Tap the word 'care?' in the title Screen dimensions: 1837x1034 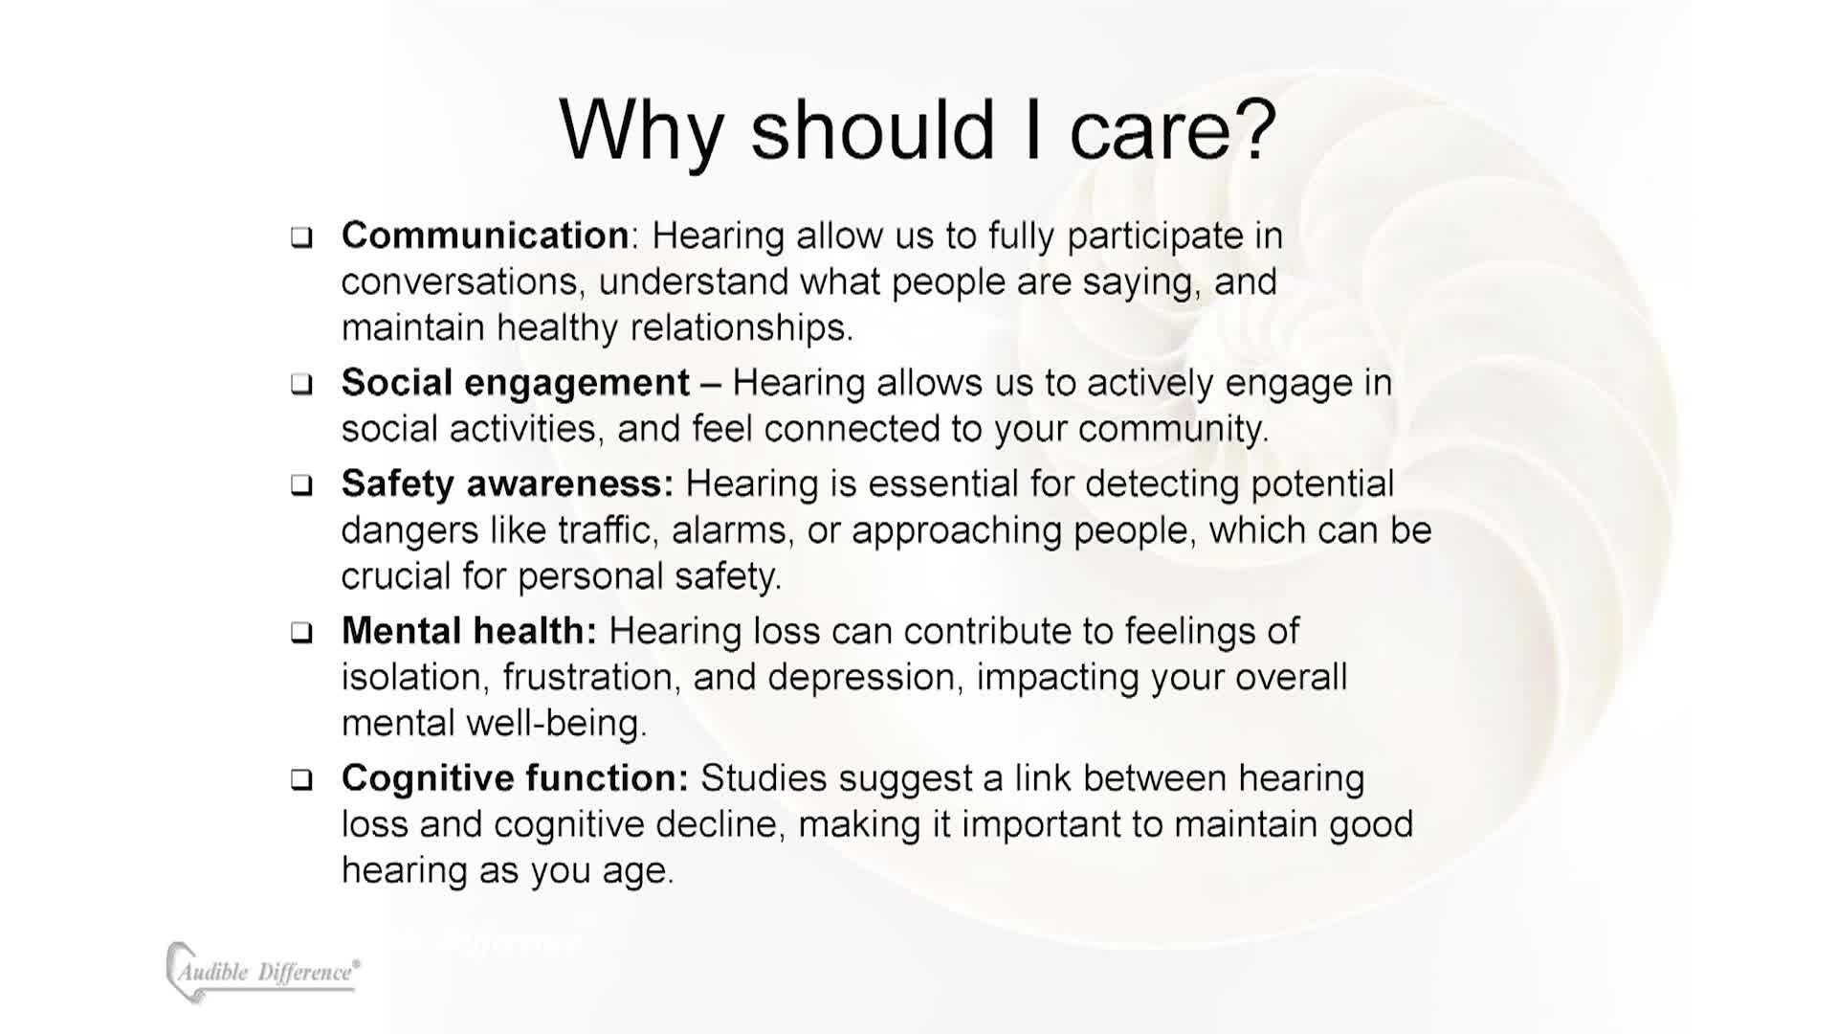click(x=1173, y=130)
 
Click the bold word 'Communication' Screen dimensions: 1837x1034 click(x=485, y=236)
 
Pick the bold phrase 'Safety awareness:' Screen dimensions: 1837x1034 click(x=507, y=484)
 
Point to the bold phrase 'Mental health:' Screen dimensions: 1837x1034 click(x=469, y=631)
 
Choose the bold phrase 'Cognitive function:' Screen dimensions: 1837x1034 click(x=515, y=778)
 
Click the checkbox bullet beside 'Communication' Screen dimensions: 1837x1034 click(x=301, y=237)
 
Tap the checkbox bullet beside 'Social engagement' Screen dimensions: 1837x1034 click(x=301, y=385)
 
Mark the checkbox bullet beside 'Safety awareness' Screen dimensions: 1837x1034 click(x=301, y=485)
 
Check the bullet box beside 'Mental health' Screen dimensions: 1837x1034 click(x=301, y=633)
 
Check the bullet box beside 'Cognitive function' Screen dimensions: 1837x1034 click(x=301, y=780)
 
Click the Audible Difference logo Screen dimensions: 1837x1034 click(x=263, y=972)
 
